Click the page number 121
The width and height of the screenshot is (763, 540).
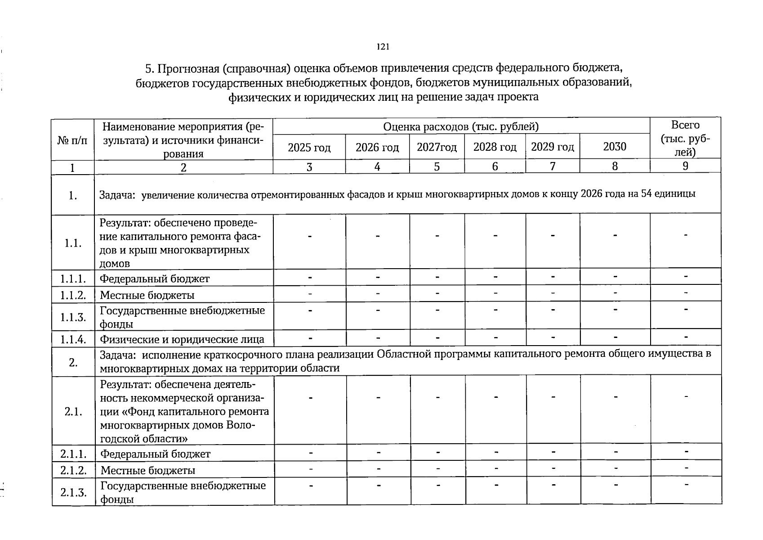pos(383,47)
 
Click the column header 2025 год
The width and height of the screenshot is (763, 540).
pos(309,148)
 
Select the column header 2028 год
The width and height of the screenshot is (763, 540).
pos(495,147)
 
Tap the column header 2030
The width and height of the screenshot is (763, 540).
pos(614,147)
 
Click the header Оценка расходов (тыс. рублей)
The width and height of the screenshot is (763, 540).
pos(461,127)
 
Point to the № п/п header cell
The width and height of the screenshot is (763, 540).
pos(72,140)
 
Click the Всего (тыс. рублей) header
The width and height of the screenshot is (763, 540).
pos(685,138)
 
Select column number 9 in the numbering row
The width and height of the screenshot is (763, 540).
pos(685,166)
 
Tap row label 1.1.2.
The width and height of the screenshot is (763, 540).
pos(73,295)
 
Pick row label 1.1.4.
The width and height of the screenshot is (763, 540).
pos(73,339)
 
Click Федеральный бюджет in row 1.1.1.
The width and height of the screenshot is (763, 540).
pos(155,279)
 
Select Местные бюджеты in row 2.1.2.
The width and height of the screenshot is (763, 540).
pos(148,471)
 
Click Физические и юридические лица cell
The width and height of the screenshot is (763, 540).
pos(182,339)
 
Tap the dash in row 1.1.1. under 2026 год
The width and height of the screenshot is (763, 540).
pos(378,277)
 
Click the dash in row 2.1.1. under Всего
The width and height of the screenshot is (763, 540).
pos(686,451)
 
